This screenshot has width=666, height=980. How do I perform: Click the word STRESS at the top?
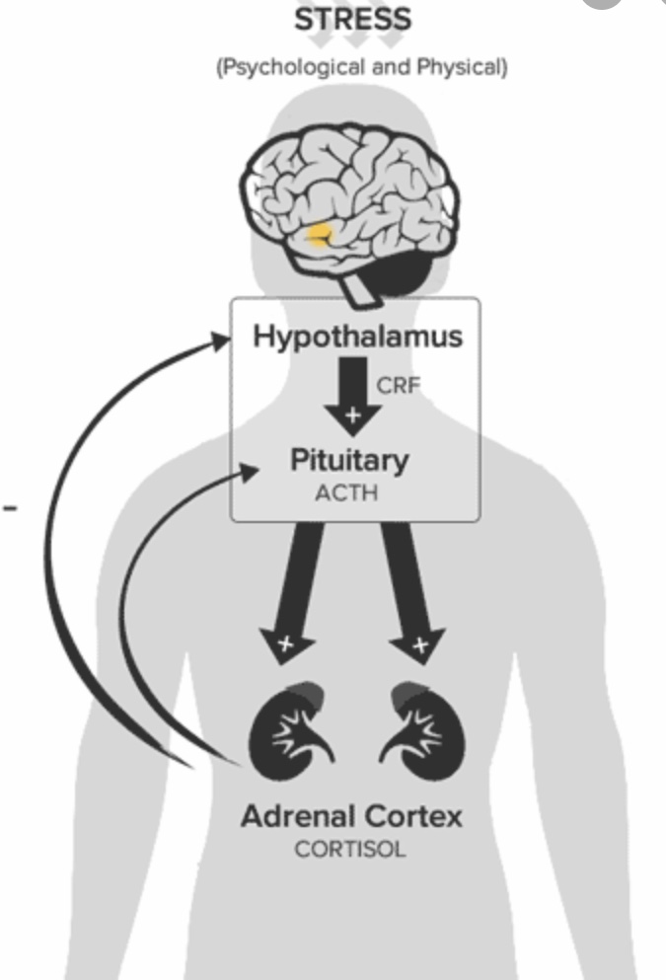[x=354, y=19]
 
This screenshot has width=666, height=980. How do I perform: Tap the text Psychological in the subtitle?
[x=278, y=69]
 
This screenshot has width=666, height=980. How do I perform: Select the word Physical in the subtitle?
[x=465, y=69]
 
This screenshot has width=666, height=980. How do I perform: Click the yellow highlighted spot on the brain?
[x=320, y=235]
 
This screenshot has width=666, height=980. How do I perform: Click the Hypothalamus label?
[x=357, y=337]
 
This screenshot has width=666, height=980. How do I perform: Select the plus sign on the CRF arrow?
[x=352, y=415]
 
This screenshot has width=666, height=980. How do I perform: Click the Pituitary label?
[x=348, y=460]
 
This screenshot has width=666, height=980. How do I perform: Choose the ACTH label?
[x=346, y=490]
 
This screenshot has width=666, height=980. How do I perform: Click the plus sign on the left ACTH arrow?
[x=286, y=644]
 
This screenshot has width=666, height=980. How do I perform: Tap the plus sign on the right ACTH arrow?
[x=420, y=645]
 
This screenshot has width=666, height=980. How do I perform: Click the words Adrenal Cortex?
[x=351, y=816]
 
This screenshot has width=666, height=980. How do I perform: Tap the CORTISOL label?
[x=350, y=849]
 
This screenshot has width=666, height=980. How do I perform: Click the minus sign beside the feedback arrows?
[x=11, y=507]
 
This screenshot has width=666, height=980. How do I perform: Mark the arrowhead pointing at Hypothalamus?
[x=228, y=339]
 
